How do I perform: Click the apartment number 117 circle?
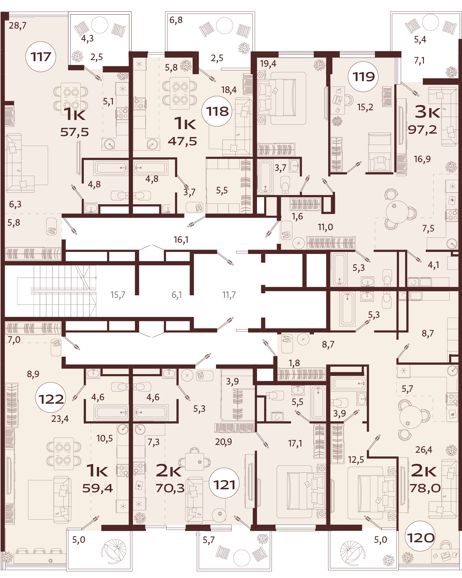pyautogui.click(x=41, y=57)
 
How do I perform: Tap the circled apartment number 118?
pyautogui.click(x=217, y=111)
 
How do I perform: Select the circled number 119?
pyautogui.click(x=363, y=77)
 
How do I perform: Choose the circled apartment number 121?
pyautogui.click(x=224, y=485)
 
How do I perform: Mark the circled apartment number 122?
pyautogui.click(x=51, y=399)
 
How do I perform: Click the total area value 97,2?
pyautogui.click(x=422, y=130)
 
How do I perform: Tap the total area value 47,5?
pyautogui.click(x=182, y=141)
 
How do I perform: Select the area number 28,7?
pyautogui.click(x=17, y=26)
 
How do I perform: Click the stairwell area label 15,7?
pyautogui.click(x=118, y=295)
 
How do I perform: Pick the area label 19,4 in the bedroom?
pyautogui.click(x=268, y=64)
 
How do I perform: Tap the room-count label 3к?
pyautogui.click(x=427, y=112)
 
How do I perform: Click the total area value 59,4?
pyautogui.click(x=98, y=488)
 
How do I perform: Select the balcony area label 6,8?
pyautogui.click(x=176, y=20)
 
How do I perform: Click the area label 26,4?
pyautogui.click(x=424, y=450)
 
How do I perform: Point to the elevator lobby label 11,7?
pyautogui.click(x=229, y=295)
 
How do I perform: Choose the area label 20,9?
pyautogui.click(x=223, y=442)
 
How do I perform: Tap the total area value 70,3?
pyautogui.click(x=170, y=488)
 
